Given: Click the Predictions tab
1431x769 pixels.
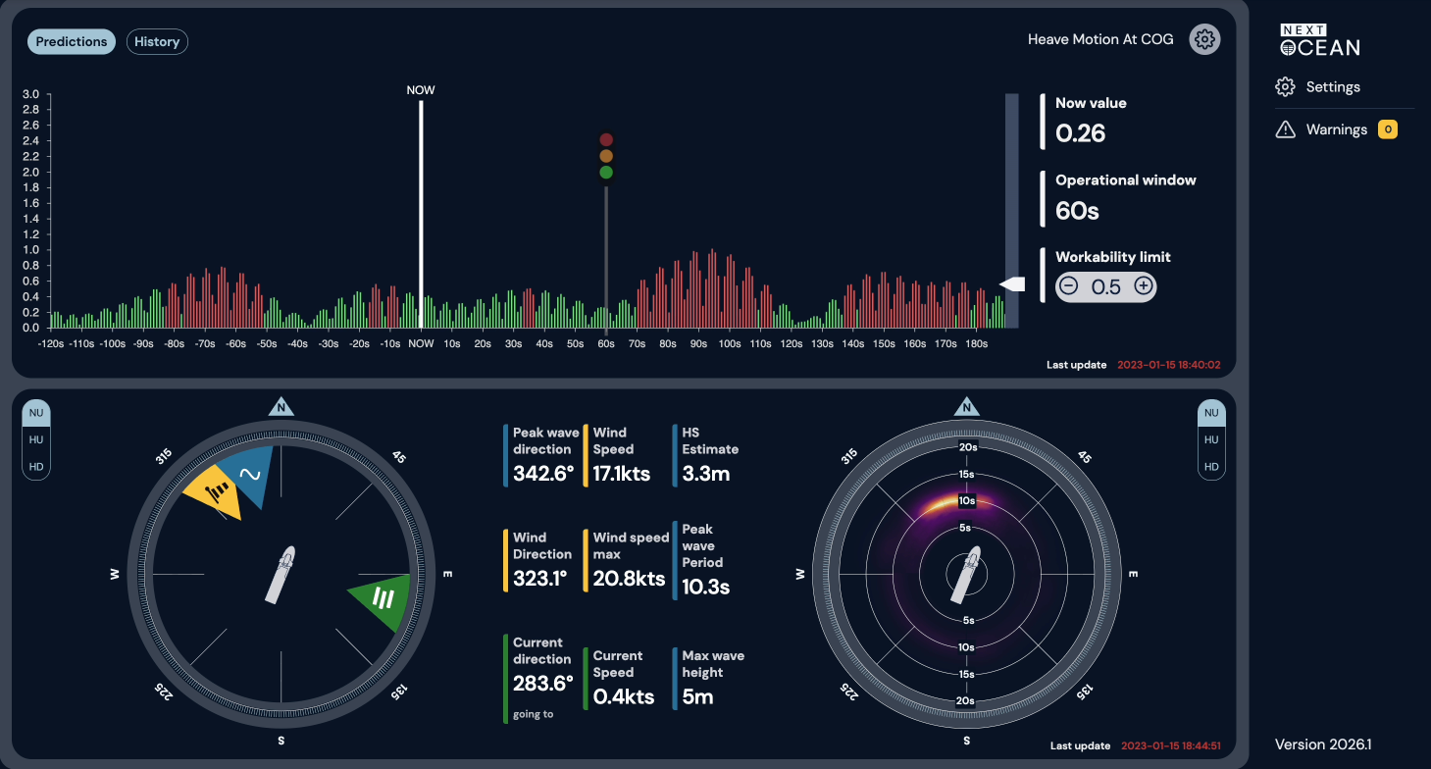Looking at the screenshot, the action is (x=71, y=41).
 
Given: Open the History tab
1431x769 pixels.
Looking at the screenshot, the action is (x=157, y=41).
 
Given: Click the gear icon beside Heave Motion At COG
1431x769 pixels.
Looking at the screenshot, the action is (x=1204, y=39).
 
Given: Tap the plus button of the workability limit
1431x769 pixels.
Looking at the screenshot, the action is (x=1144, y=285).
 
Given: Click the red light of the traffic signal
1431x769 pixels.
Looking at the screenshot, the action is (x=606, y=139).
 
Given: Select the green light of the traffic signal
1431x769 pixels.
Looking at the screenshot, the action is (x=606, y=173).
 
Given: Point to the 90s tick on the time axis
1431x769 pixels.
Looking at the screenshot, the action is (x=698, y=343).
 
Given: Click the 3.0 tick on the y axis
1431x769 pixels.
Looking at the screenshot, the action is (x=30, y=94).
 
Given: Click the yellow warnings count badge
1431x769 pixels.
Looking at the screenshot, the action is (x=1387, y=129).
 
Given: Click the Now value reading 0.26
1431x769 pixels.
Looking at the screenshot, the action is (x=1080, y=132).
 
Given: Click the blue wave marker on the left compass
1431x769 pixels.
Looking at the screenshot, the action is (x=250, y=474).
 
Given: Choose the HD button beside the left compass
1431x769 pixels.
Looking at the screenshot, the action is (x=36, y=467).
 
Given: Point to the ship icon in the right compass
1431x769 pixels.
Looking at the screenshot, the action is (x=966, y=574).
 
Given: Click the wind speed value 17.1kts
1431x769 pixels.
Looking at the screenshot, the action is (x=621, y=474).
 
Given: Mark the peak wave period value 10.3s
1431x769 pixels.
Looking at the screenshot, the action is (x=705, y=587).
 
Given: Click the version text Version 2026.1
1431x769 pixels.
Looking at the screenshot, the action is (x=1323, y=744).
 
